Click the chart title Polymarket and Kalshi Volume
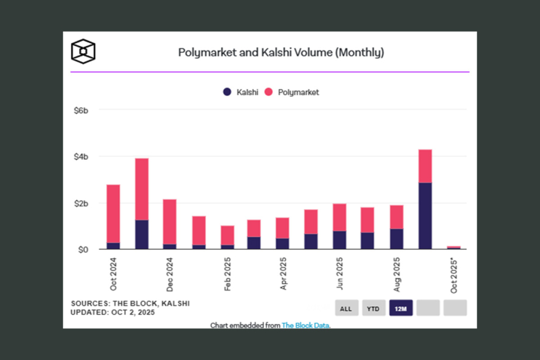click(x=281, y=53)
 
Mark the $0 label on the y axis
click(x=82, y=249)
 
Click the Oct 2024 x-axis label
click(x=113, y=274)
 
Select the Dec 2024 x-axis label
click(x=170, y=274)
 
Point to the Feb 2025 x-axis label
click(x=227, y=274)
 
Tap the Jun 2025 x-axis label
click(x=340, y=274)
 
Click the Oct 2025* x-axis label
click(x=454, y=275)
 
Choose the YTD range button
click(x=373, y=308)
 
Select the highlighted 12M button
click(x=401, y=308)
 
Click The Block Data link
click(x=305, y=326)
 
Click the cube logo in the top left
click(x=83, y=51)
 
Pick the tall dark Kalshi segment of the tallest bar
click(x=425, y=216)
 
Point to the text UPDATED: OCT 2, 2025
click(x=113, y=313)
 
